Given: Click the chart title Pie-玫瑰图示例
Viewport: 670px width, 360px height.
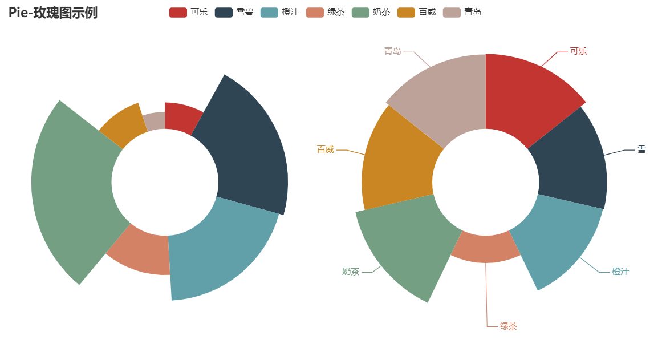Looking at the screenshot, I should click(x=53, y=13).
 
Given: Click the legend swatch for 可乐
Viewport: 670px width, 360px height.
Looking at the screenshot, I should click(x=178, y=12).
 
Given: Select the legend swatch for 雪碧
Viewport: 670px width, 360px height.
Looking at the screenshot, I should click(x=224, y=12).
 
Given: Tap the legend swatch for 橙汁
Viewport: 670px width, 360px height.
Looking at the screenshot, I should click(x=269, y=12).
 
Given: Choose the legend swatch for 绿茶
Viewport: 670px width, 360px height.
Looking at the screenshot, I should click(x=315, y=12).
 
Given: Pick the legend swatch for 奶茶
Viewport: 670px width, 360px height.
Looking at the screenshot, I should click(x=360, y=12).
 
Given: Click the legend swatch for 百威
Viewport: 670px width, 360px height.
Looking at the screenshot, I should click(x=406, y=12).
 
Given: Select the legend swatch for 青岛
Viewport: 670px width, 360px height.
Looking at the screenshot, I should click(x=452, y=12).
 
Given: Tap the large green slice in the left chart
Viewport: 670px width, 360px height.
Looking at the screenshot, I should click(x=71, y=188).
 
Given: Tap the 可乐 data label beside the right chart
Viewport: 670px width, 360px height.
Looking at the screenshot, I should click(x=578, y=51).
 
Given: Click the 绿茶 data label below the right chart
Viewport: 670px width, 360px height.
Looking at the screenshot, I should click(x=508, y=326).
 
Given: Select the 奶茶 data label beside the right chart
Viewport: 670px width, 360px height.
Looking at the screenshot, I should click(x=351, y=272).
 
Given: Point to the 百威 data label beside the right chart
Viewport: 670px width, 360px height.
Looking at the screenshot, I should click(x=326, y=149).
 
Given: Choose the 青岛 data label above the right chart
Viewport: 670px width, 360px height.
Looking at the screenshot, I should click(x=392, y=51).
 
